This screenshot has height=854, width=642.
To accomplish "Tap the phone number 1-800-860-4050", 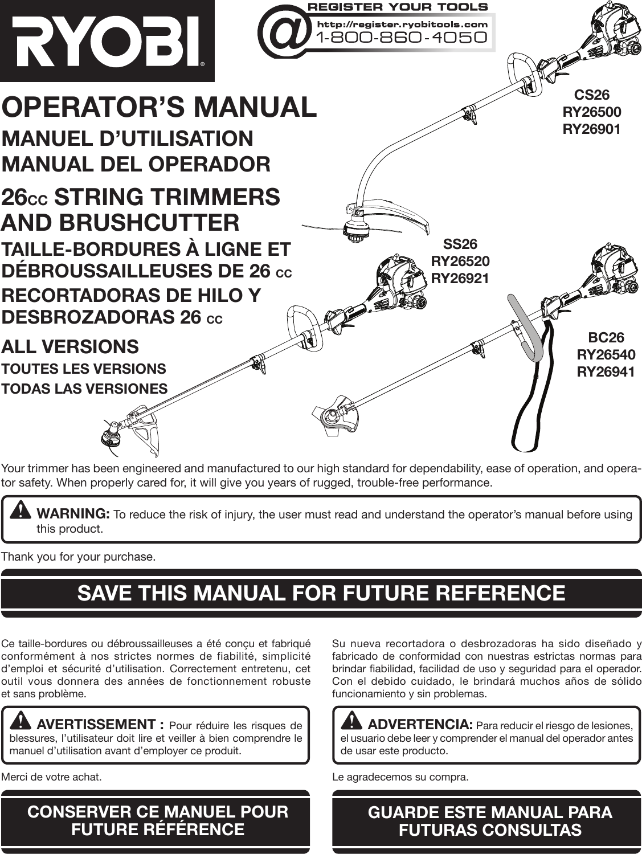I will click(x=402, y=38).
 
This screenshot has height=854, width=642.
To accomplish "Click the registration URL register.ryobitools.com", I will click(x=402, y=24).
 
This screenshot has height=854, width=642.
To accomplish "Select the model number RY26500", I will click(x=591, y=112).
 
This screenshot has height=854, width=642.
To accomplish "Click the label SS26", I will click(x=460, y=244).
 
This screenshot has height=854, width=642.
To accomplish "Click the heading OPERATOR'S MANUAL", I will click(x=159, y=108).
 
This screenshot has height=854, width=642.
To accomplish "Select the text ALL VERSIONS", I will click(x=70, y=346).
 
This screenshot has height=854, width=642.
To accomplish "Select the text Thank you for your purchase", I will click(x=79, y=556).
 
